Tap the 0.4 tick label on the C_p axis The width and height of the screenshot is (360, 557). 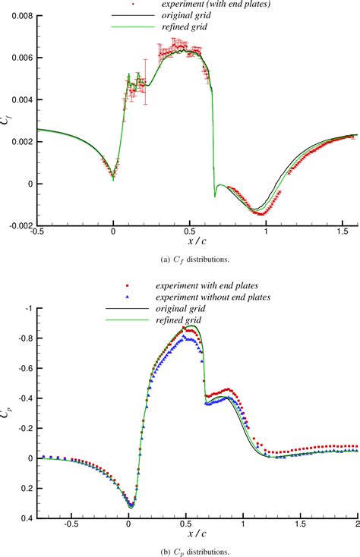pyautogui.click(x=27, y=518)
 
